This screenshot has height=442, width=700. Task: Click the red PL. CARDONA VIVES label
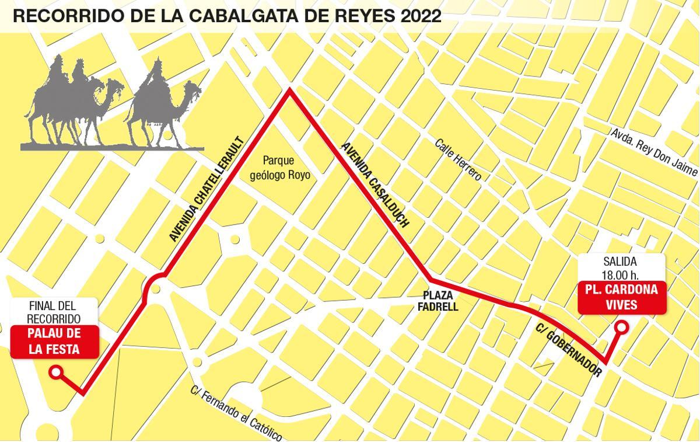click(x=621, y=297)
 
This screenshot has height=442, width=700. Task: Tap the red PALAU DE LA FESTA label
click(x=54, y=342)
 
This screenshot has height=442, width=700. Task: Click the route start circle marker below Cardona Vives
click(x=622, y=328)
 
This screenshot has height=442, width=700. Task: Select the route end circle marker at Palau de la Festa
click(x=56, y=372)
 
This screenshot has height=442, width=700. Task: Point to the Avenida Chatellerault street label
click(x=205, y=189)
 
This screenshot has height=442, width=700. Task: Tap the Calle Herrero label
click(x=459, y=159)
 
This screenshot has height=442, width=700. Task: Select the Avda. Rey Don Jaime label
click(x=654, y=152)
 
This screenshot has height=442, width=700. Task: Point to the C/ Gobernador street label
click(x=568, y=349)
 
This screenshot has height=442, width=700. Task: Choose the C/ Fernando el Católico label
click(x=236, y=413)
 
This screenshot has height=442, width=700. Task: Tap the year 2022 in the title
click(x=420, y=16)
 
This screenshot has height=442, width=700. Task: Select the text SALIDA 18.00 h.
click(x=620, y=269)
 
